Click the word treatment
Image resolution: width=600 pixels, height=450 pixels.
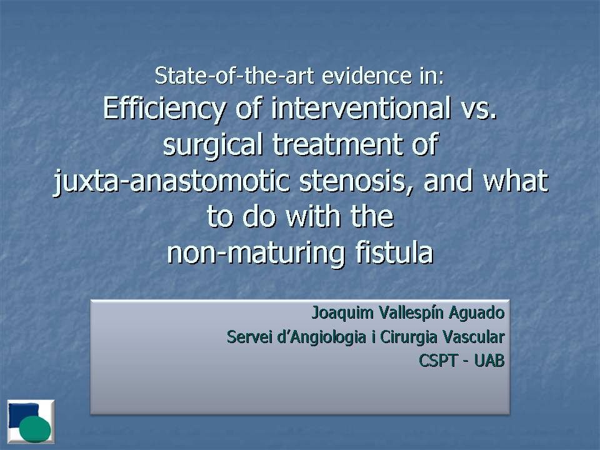[336, 144]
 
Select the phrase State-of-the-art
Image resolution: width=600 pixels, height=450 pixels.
[234, 76]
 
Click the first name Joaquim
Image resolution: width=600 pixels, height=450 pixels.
[343, 313]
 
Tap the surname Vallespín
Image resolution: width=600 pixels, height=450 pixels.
[411, 313]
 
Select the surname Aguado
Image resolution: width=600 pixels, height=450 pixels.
[477, 313]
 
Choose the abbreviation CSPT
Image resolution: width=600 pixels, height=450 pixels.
[438, 361]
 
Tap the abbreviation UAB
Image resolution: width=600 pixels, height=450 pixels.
[489, 361]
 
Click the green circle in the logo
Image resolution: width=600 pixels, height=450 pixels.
[35, 429]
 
